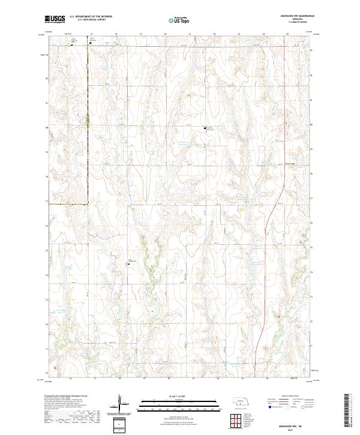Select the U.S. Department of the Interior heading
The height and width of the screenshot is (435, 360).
[90, 17]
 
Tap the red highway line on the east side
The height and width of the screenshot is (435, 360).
[265, 240]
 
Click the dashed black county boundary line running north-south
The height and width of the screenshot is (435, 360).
[88, 120]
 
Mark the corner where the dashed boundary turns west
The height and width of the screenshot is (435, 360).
[88, 204]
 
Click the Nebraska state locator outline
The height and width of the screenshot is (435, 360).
[240, 400]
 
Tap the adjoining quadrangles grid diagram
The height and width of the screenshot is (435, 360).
[232, 421]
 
